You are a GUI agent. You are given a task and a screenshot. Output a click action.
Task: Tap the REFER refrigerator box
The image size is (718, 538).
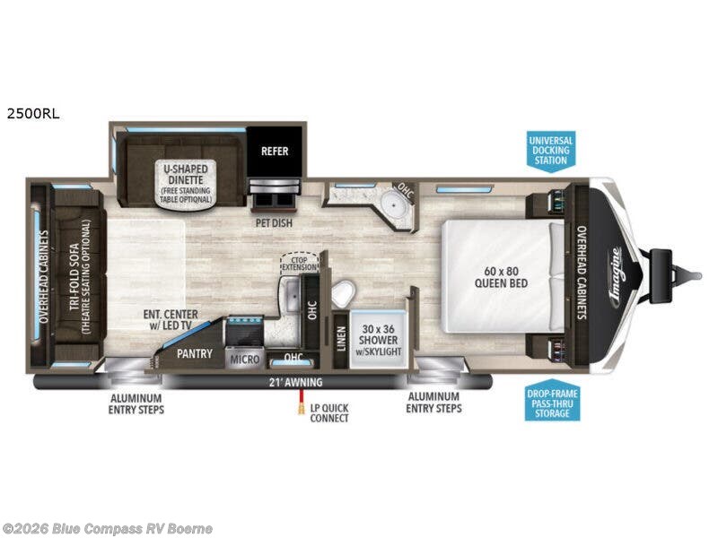(275, 151)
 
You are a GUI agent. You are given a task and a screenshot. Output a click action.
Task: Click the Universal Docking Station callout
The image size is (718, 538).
(549, 149)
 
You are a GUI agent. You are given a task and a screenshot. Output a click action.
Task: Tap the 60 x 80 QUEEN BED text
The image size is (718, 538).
(501, 277)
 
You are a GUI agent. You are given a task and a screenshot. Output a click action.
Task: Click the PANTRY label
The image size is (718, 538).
(195, 353)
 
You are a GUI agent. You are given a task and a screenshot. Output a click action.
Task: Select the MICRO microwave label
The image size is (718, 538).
(243, 360)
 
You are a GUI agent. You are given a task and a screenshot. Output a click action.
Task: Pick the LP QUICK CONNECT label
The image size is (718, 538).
(328, 413)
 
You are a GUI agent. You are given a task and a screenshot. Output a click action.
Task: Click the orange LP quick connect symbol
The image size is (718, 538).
(293, 408)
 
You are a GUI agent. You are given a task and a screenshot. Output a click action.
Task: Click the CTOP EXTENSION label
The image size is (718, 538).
(299, 262)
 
